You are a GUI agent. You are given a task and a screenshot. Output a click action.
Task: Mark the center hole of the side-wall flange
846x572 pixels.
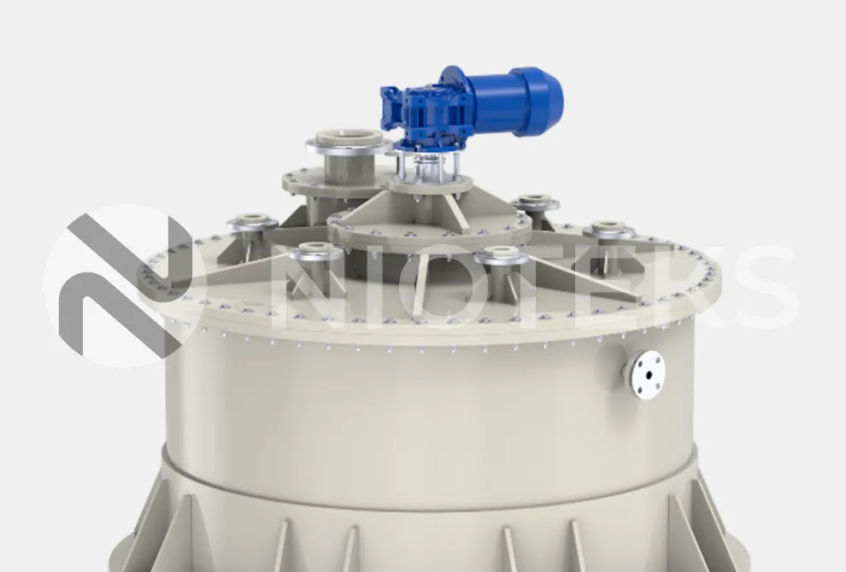[649, 376]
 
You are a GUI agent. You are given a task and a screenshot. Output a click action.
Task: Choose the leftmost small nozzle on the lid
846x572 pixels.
[248, 226]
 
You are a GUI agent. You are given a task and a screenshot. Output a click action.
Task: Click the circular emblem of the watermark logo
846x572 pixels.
[122, 286]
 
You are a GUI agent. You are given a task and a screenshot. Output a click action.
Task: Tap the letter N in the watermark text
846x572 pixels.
[319, 286]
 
